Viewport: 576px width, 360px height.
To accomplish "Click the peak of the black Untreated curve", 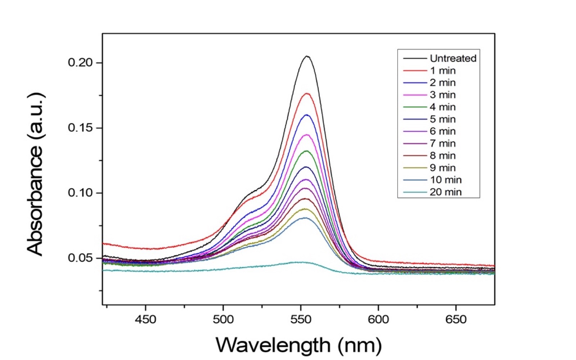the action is [307, 56].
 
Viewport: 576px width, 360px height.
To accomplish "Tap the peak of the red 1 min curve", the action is [307, 93].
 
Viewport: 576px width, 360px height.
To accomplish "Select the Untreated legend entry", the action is [440, 58].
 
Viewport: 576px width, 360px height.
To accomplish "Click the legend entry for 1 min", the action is [429, 71].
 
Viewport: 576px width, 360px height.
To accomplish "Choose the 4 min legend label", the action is [429, 107].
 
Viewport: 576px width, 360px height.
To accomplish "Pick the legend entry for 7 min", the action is [429, 143].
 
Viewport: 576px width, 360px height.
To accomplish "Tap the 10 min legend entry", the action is [432, 180].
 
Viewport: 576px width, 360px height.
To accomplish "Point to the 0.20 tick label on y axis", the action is [80, 63].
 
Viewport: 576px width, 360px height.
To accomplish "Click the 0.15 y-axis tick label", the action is [80, 128].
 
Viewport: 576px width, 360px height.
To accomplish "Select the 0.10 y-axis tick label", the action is [80, 193].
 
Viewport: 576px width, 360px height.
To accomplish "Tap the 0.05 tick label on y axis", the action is [80, 258].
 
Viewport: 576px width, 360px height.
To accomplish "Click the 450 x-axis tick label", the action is [146, 320].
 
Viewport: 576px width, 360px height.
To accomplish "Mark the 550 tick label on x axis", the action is [301, 320].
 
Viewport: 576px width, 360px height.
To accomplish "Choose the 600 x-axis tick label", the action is [378, 320].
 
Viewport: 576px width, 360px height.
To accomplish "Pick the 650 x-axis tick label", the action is [456, 320].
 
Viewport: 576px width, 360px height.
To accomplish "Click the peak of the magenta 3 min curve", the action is [307, 135].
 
